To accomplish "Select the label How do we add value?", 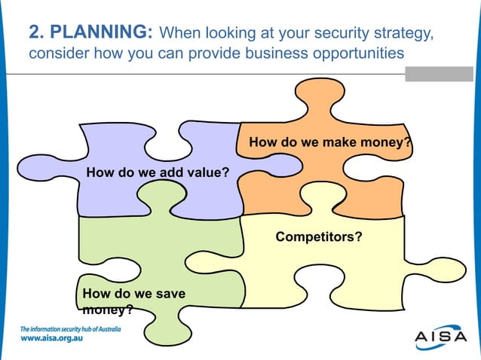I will coord(158,172).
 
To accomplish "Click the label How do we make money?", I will coord(330,142).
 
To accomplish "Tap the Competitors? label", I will coord(318,236).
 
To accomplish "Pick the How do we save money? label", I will coord(133,301).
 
